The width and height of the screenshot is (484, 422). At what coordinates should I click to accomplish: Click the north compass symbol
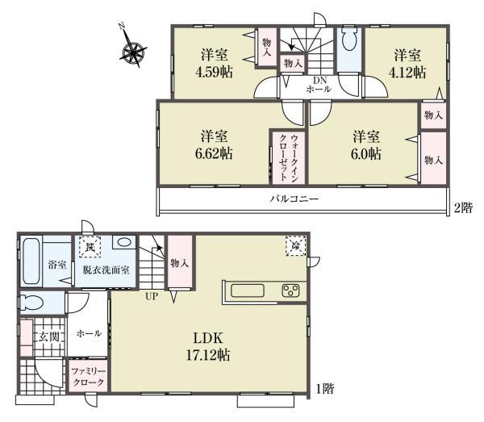[x=132, y=51]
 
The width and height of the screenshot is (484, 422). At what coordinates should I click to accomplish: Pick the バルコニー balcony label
[x=294, y=198]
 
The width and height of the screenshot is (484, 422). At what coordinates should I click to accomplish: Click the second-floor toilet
[x=350, y=42]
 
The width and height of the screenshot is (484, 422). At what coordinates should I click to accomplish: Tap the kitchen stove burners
[x=290, y=290]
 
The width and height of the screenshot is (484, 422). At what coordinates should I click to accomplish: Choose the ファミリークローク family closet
[x=86, y=375]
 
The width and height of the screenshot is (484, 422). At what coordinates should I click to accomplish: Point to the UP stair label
[x=151, y=297]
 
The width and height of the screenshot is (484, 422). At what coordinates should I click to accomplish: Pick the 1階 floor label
[x=324, y=389]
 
